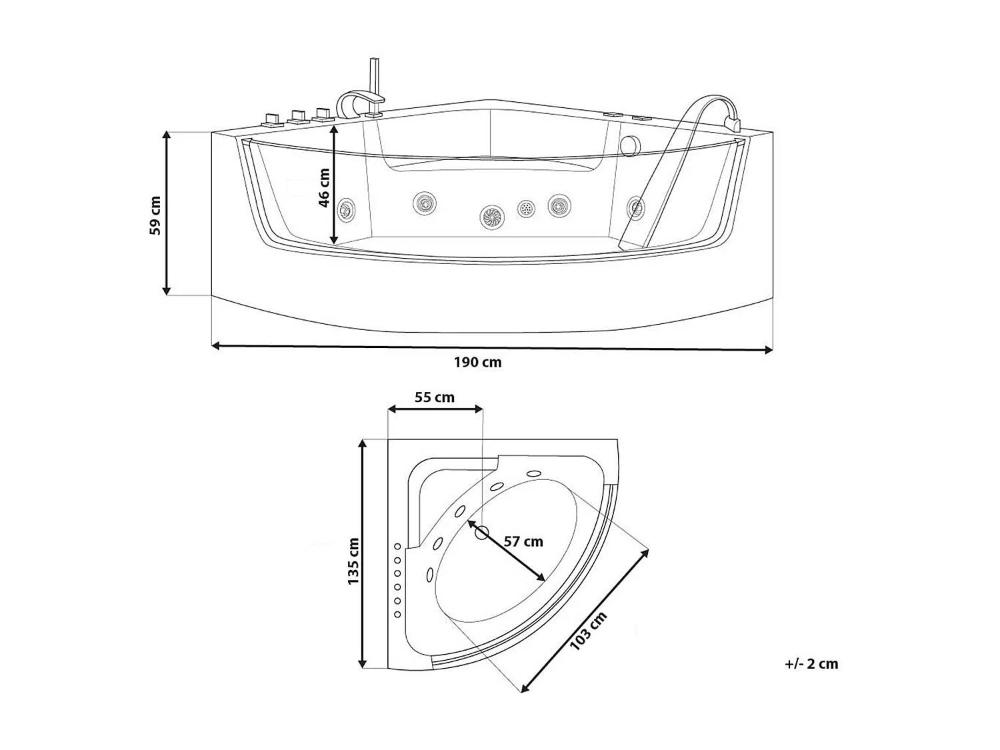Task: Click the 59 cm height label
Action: point(155,215)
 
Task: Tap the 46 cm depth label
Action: point(324,188)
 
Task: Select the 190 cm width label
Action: point(477,363)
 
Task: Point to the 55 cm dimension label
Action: point(435,397)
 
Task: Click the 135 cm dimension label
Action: point(353,561)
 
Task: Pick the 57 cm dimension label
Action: point(523,541)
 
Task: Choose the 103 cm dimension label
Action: point(588,631)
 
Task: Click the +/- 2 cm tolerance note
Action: point(811,664)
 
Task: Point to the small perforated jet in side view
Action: point(526,209)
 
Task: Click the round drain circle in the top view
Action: point(481,532)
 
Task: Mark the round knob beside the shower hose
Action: point(630,146)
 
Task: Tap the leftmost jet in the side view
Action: point(346,211)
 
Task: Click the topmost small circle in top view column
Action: point(397,547)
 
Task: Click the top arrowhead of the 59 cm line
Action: point(167,136)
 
